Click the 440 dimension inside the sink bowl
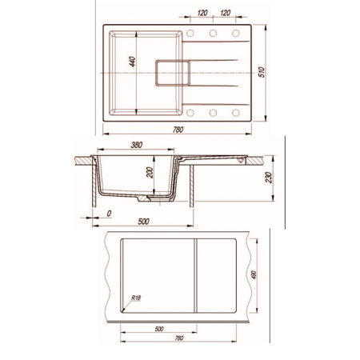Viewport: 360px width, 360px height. click(x=133, y=62)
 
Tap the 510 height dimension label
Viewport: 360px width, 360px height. click(x=262, y=72)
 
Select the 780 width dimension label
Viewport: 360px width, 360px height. click(x=178, y=130)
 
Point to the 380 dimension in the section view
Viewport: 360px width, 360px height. click(x=137, y=145)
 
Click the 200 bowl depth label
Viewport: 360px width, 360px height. click(x=150, y=173)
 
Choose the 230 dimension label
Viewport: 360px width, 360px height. click(x=269, y=178)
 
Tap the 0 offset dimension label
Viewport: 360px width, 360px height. click(x=109, y=214)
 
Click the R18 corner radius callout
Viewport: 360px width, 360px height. click(x=136, y=298)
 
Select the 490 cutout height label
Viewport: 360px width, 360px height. click(x=254, y=275)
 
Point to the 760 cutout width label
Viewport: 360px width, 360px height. click(x=179, y=338)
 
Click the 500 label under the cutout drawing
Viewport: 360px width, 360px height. click(x=159, y=329)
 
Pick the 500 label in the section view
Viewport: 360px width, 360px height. click(x=143, y=222)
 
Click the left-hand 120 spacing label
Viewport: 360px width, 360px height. click(x=202, y=13)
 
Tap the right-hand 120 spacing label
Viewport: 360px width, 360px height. click(x=226, y=13)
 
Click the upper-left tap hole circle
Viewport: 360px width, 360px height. click(x=190, y=33)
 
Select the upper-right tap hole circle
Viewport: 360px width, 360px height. click(x=236, y=33)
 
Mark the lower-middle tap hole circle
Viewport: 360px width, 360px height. click(x=213, y=113)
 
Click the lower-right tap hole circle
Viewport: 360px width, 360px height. click(x=236, y=113)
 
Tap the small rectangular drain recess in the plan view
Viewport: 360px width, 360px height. click(x=173, y=73)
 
